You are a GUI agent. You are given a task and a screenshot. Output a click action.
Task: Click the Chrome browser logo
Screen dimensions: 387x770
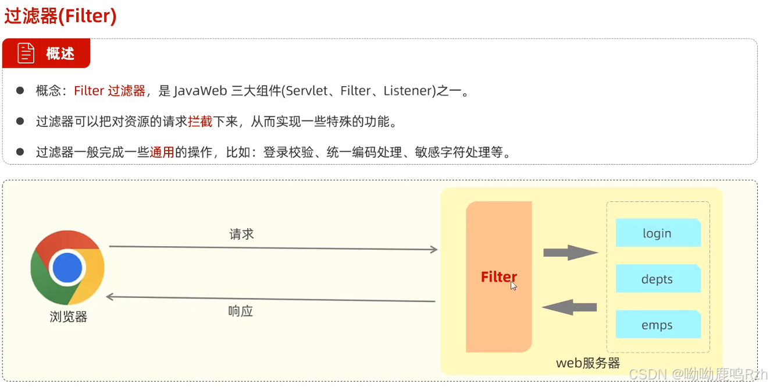pyautogui.click(x=67, y=267)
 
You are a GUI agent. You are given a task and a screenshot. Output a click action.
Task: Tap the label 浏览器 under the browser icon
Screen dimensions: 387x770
pyautogui.click(x=68, y=317)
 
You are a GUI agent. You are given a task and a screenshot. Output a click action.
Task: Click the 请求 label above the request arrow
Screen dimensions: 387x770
pyautogui.click(x=241, y=234)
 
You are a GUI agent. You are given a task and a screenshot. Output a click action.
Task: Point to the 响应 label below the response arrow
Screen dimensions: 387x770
pyautogui.click(x=241, y=311)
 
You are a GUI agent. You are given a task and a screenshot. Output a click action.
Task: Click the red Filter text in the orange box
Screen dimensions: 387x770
pyautogui.click(x=498, y=277)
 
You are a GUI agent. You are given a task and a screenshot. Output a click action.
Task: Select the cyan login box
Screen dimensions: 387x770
pyautogui.click(x=657, y=233)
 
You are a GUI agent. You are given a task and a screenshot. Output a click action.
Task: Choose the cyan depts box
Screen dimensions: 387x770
pyautogui.click(x=657, y=279)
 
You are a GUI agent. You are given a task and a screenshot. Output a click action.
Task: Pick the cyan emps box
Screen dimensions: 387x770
pyautogui.click(x=657, y=325)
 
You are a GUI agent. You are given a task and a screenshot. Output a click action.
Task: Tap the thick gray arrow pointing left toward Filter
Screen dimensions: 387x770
pyautogui.click(x=570, y=307)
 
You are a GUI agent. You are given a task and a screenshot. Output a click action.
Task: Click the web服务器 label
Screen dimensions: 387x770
pyautogui.click(x=588, y=363)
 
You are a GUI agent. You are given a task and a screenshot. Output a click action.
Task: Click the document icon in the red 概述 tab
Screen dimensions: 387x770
pyautogui.click(x=26, y=53)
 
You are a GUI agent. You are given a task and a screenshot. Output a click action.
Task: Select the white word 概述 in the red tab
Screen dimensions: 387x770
pyautogui.click(x=60, y=54)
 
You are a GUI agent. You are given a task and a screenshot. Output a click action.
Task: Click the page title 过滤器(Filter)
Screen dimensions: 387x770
pyautogui.click(x=60, y=16)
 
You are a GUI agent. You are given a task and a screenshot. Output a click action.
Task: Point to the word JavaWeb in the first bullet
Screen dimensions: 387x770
pyautogui.click(x=200, y=91)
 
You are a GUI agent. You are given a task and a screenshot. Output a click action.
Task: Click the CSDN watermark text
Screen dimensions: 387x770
pyautogui.click(x=647, y=374)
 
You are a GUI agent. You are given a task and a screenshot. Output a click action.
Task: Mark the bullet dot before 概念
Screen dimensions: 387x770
pyautogui.click(x=20, y=91)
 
